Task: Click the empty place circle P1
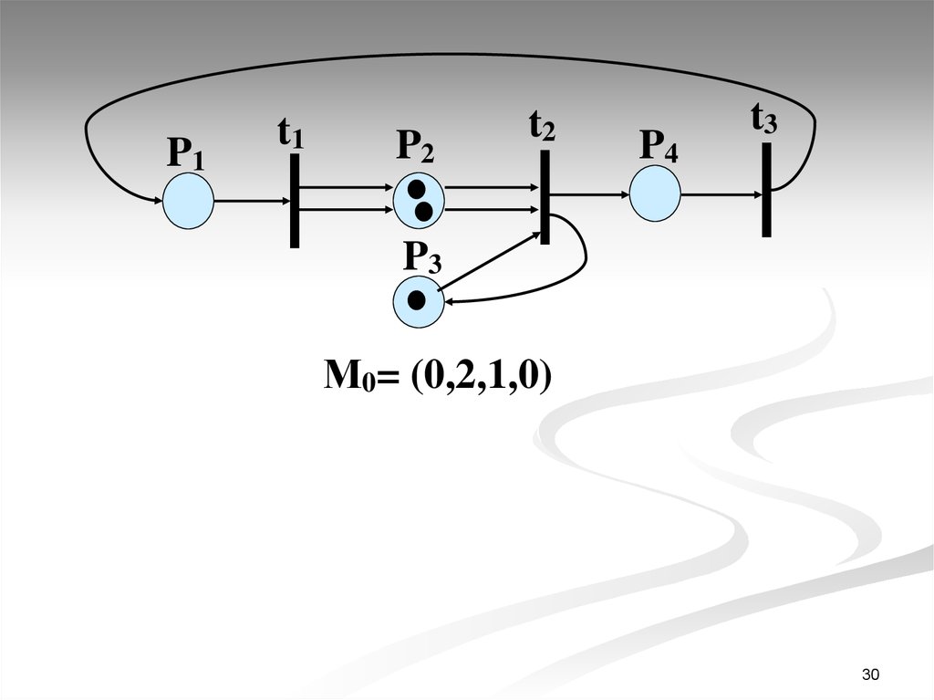188,201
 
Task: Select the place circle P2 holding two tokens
419,201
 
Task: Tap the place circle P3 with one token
419,301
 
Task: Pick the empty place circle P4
655,193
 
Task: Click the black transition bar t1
295,201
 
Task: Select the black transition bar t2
545,197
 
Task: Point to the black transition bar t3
766,190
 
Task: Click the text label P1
186,153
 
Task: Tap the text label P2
415,146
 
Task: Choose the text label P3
422,257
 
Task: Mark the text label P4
659,145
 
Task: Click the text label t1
291,133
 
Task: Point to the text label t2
542,127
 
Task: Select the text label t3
764,118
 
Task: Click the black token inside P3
417,300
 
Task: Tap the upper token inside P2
416,190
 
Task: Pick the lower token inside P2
423,212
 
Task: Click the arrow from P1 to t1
252,201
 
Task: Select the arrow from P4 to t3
722,194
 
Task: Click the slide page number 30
870,674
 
